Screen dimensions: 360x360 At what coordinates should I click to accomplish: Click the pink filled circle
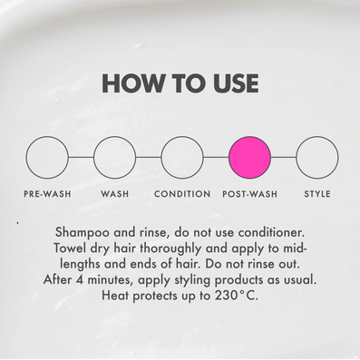point(249,158)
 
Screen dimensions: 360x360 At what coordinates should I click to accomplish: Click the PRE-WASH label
point(47,194)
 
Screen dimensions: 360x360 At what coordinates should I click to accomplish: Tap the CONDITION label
point(182,194)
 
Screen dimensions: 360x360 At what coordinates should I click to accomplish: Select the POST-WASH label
point(250,194)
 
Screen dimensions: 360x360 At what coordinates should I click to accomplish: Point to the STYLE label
point(317,194)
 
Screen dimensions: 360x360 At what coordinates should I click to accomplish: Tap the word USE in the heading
point(236,83)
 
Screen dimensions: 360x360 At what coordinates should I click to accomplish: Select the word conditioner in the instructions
point(271,232)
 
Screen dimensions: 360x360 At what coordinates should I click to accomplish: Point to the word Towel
point(70,248)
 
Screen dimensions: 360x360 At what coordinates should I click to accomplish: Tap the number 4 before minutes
point(80,280)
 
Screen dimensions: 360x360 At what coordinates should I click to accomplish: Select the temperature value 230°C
point(237,296)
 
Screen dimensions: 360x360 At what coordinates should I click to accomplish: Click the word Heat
point(115,296)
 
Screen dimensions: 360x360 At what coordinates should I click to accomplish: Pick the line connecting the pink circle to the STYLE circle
point(284,158)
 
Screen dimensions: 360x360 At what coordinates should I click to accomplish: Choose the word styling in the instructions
point(192,280)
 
